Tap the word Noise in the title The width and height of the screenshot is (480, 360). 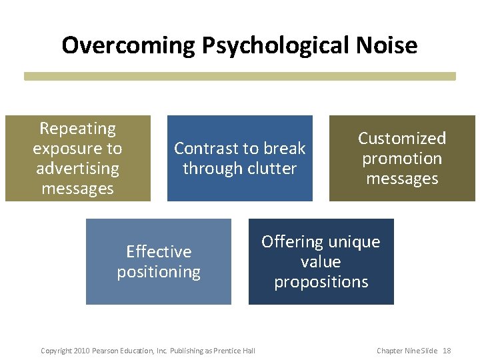tap(387, 45)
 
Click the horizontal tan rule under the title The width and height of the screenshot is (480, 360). tap(240, 77)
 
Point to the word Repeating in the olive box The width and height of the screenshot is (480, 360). tap(77, 128)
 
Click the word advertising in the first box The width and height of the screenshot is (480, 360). tap(77, 169)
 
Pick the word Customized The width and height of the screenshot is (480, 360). tap(402, 138)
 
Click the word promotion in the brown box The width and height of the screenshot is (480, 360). tap(402, 159)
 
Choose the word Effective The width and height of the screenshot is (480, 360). tap(159, 251)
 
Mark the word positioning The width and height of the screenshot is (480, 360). tap(159, 272)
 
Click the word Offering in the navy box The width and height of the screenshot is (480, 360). tap(292, 241)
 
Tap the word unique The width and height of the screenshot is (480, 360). tap(359, 241)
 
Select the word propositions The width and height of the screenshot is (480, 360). tap(321, 282)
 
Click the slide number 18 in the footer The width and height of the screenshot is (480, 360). tap(447, 351)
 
